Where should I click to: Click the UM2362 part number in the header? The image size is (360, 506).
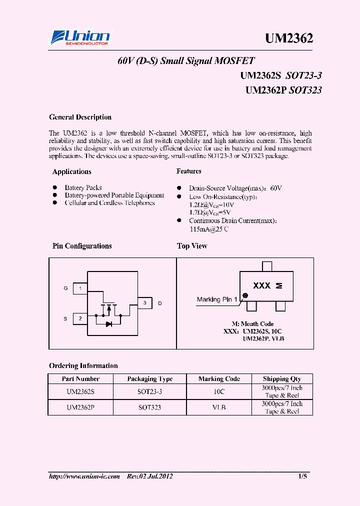pyautogui.click(x=289, y=38)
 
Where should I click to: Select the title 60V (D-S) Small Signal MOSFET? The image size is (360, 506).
pyautogui.click(x=186, y=61)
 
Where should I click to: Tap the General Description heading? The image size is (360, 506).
pyautogui.click(x=80, y=117)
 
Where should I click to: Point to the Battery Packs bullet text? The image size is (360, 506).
pyautogui.click(x=83, y=188)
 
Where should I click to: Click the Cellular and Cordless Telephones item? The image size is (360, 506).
pyautogui.click(x=109, y=203)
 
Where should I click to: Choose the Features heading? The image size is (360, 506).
pyautogui.click(x=189, y=171)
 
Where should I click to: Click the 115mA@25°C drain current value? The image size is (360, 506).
pyautogui.click(x=209, y=229)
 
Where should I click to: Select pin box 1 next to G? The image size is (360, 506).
pyautogui.click(x=80, y=288)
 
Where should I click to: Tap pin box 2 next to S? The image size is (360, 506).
pyautogui.click(x=80, y=318)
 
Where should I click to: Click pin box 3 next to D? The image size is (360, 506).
pyautogui.click(x=145, y=303)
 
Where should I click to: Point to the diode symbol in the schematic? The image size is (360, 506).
pyautogui.click(x=108, y=324)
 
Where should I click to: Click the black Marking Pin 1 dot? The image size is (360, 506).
pyautogui.click(x=245, y=295)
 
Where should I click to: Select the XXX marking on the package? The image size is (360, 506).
pyautogui.click(x=261, y=286)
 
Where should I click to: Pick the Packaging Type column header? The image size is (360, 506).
pyautogui.click(x=149, y=379)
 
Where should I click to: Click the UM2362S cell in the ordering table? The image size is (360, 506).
pyautogui.click(x=80, y=391)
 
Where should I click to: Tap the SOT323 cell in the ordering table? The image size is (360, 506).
pyautogui.click(x=149, y=407)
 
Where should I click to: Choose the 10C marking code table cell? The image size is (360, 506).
pyautogui.click(x=219, y=391)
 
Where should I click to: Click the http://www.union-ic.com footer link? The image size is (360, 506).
pyautogui.click(x=84, y=476)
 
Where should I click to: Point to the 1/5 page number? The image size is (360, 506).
pyautogui.click(x=302, y=476)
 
